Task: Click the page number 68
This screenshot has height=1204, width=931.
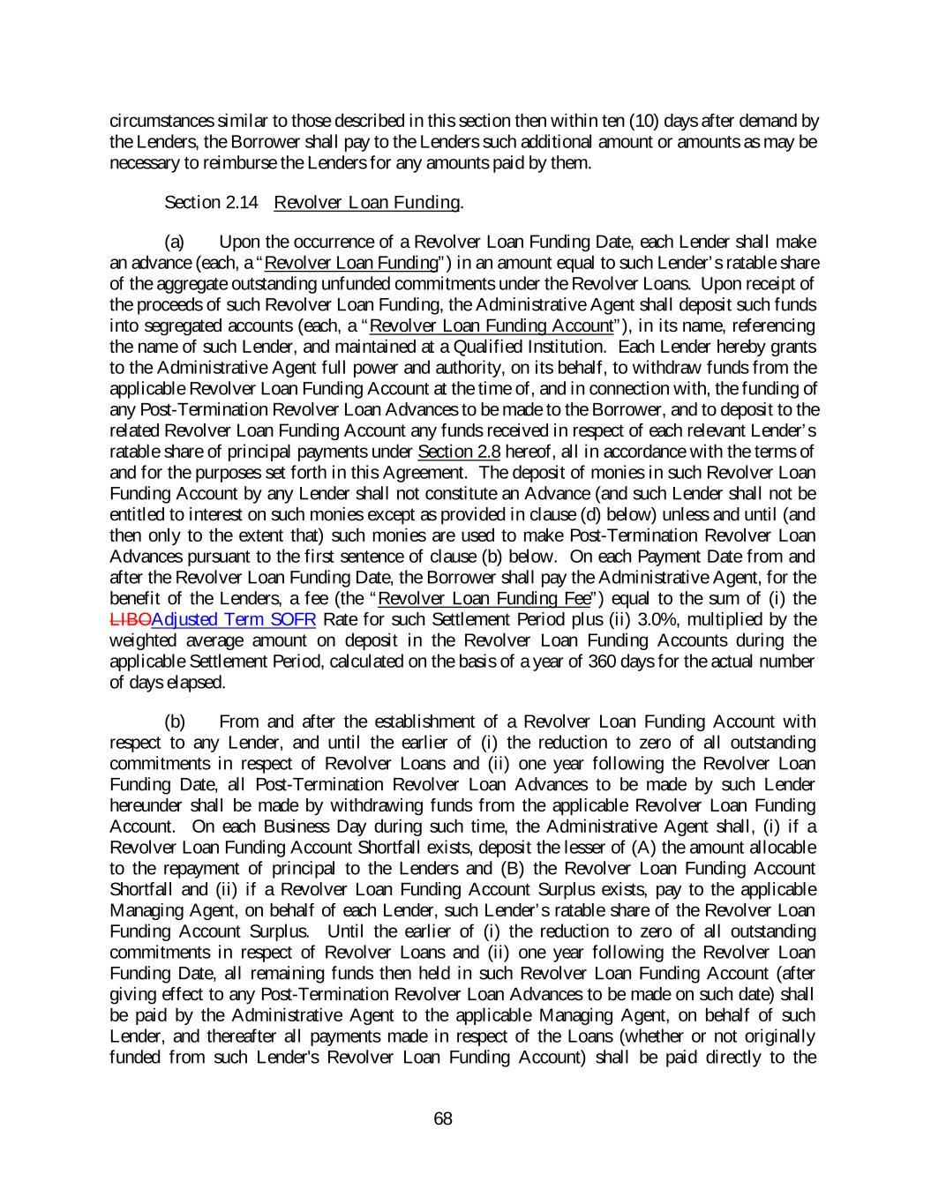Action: pyautogui.click(x=443, y=1118)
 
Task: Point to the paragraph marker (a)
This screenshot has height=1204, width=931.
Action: pyautogui.click(x=176, y=242)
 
